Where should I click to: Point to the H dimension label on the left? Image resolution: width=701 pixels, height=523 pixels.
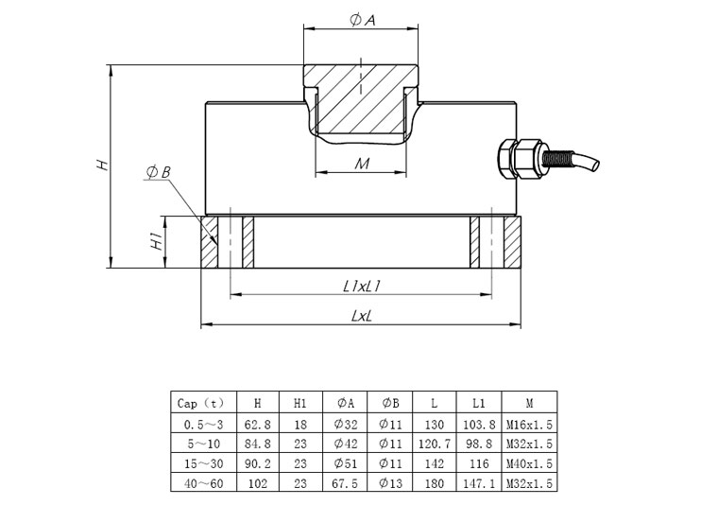[103, 165]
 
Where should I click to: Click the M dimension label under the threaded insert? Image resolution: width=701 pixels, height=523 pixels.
[361, 163]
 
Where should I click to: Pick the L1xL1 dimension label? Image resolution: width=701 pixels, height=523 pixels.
[361, 285]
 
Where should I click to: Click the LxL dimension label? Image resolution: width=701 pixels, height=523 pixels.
[361, 317]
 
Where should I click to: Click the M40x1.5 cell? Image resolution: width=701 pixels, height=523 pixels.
[528, 463]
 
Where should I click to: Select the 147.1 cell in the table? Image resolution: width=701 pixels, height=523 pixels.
[478, 483]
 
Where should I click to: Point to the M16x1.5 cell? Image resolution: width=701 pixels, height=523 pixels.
[528, 423]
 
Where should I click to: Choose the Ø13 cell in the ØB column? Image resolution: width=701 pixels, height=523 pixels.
[389, 483]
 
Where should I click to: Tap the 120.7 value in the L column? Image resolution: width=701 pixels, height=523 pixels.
[434, 443]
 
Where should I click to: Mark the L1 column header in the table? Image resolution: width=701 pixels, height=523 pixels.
[478, 402]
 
